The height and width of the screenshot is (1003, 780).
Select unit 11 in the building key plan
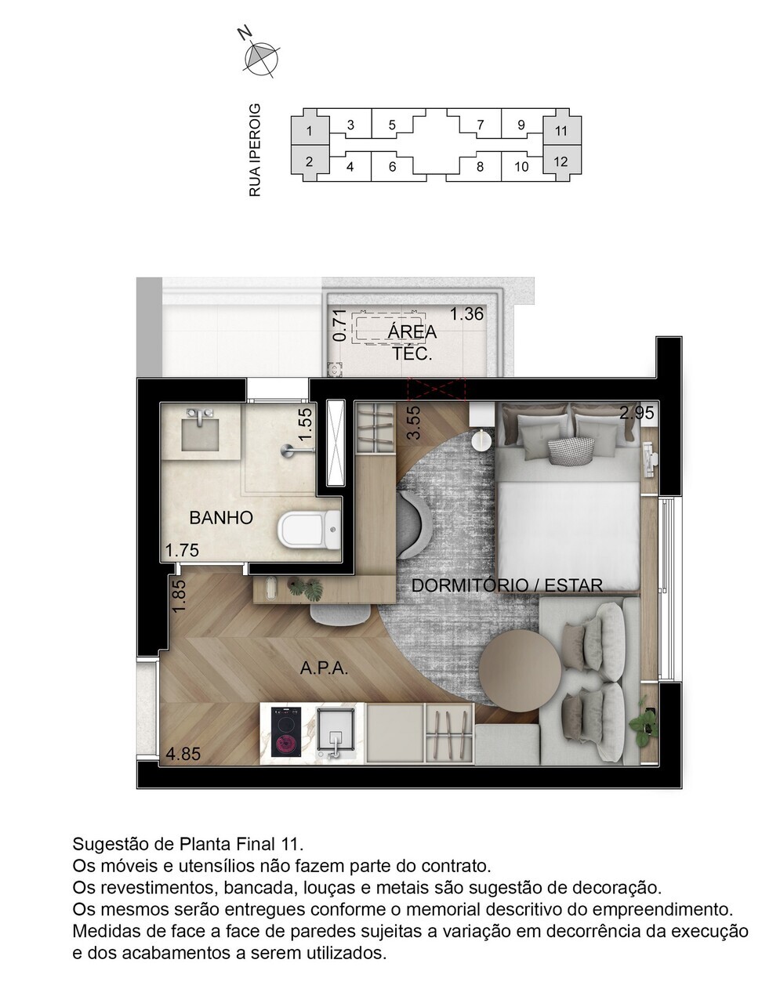pyautogui.click(x=561, y=131)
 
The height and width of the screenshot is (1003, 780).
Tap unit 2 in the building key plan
pyautogui.click(x=310, y=162)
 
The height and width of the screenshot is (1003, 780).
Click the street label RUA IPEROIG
pyautogui.click(x=254, y=150)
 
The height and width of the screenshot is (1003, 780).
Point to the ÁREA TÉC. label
pyautogui.click(x=412, y=342)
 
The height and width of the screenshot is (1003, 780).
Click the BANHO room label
pyautogui.click(x=221, y=518)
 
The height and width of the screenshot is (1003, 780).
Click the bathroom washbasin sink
pyautogui.click(x=202, y=429)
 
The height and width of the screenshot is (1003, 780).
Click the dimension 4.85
pyautogui.click(x=183, y=755)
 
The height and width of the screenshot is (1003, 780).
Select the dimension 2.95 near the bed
pyautogui.click(x=636, y=412)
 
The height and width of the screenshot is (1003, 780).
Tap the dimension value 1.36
pyautogui.click(x=466, y=315)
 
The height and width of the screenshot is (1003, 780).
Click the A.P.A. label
pyautogui.click(x=324, y=668)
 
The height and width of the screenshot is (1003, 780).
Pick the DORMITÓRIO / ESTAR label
pyautogui.click(x=506, y=585)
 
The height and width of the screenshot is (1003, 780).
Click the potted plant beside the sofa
pyautogui.click(x=647, y=722)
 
